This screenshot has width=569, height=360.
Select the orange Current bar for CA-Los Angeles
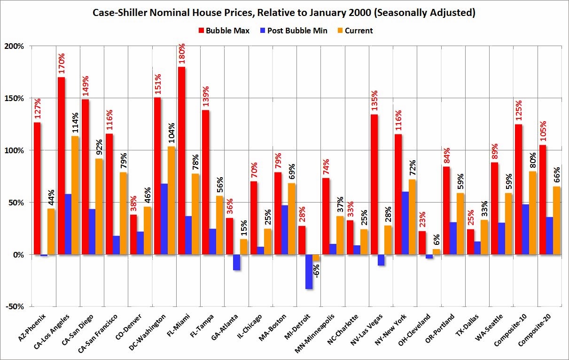click(x=75, y=195)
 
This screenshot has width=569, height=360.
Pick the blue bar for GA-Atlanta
click(x=236, y=262)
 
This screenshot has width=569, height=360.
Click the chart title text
click(x=284, y=13)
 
